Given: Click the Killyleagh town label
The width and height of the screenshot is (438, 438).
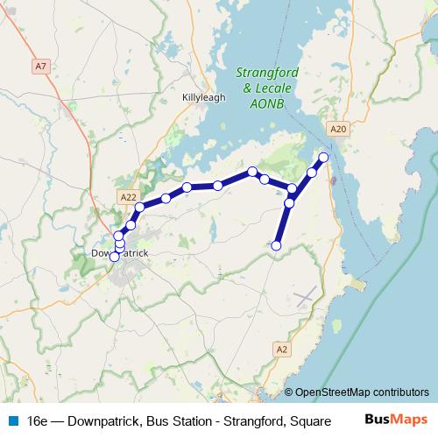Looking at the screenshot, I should point(203,97).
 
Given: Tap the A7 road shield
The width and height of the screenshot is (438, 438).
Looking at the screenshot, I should point(41,66).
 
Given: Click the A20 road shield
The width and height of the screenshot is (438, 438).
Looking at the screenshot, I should point(340,130).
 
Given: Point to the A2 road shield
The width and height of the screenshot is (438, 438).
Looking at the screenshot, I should point(281,350).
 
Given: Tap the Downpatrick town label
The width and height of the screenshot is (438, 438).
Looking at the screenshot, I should point(120,253).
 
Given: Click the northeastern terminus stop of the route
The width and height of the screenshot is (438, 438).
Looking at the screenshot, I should point(323,157).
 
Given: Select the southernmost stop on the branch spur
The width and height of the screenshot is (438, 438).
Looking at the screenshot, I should point(277,245).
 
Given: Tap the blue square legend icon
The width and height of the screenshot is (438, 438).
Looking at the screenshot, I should point(12,420).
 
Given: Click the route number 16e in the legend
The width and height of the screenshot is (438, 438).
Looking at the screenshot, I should point(39,420).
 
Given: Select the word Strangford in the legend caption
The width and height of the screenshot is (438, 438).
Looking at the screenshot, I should point(244,420).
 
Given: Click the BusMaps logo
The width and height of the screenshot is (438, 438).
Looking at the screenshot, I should point(395,420).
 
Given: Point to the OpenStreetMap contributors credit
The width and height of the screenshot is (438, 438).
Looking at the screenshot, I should point(363,392).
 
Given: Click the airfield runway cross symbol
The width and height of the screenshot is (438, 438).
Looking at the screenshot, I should point(305,296).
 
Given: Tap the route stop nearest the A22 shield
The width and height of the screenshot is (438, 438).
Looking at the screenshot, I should point(139,208).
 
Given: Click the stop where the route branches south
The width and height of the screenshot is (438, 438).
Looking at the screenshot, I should point(293,188).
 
